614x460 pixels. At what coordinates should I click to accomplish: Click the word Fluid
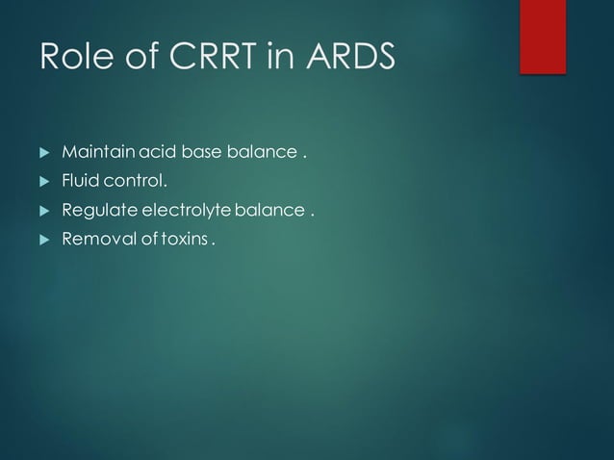(78, 181)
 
